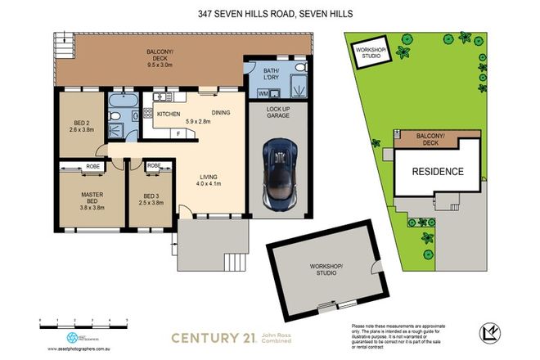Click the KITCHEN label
click(x=168, y=114)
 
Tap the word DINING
click(x=221, y=113)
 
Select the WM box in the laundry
click(x=263, y=94)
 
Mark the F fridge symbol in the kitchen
click(x=178, y=133)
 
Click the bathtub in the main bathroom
click(x=123, y=102)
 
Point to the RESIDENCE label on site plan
click(x=437, y=172)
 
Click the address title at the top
click(x=270, y=13)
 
